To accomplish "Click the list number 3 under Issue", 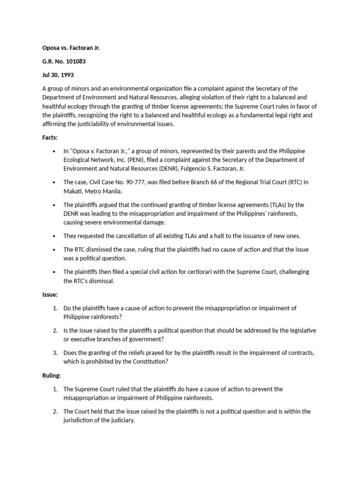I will coord(55,353).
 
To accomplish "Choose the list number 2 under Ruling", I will coord(55,411).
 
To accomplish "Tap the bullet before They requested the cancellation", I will coord(55,235).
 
